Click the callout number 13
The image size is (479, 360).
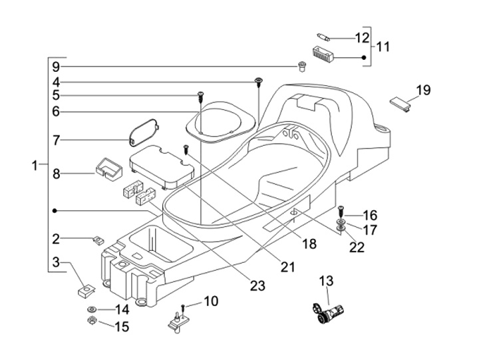[327, 281]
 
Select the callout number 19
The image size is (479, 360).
[424, 90]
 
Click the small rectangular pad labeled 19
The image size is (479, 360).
[400, 102]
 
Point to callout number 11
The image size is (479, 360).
[383, 47]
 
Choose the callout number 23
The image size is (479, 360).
[257, 286]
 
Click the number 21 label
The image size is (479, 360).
[287, 267]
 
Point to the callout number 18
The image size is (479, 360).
[309, 244]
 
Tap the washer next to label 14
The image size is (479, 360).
[90, 310]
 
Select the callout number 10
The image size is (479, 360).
[210, 302]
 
